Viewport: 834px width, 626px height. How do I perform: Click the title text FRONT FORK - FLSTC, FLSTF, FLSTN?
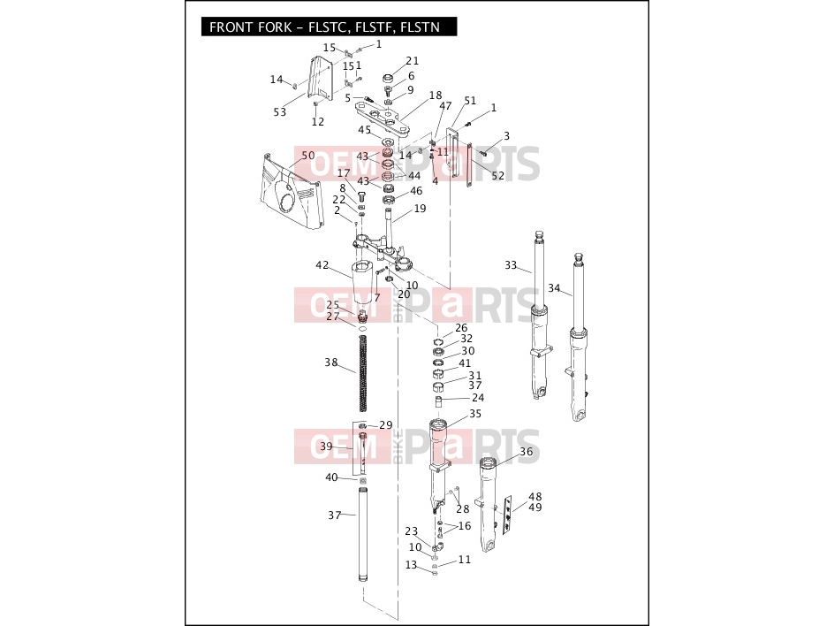325,27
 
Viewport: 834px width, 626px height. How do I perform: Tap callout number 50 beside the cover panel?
308,156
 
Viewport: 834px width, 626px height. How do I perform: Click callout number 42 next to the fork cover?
322,265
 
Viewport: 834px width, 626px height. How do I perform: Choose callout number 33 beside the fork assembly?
511,264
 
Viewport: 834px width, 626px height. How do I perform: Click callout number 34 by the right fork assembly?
554,288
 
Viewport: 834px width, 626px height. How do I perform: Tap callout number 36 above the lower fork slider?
526,452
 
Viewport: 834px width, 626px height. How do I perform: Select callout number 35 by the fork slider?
475,414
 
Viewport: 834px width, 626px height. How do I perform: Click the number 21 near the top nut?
413,61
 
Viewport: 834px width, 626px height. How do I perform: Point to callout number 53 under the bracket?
280,111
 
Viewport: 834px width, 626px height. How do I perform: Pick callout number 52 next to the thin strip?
498,176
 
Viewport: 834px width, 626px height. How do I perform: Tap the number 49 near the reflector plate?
535,508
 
